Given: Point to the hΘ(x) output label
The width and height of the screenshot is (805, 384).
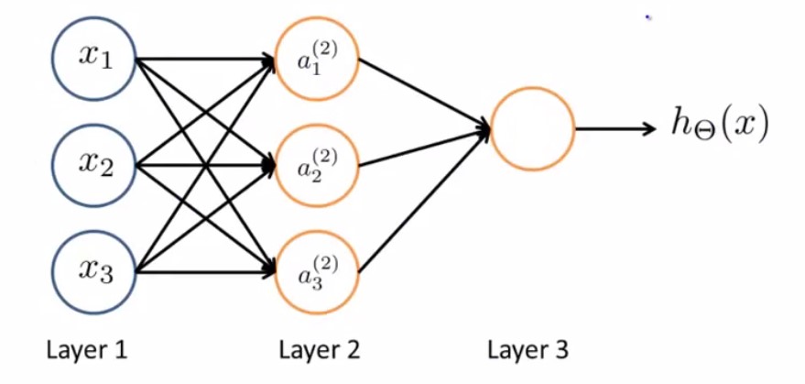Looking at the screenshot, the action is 721,126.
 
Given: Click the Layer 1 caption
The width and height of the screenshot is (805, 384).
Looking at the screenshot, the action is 86,351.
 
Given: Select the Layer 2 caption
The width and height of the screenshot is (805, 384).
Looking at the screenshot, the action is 320,351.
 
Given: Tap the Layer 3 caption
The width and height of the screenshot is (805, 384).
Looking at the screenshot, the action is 528,351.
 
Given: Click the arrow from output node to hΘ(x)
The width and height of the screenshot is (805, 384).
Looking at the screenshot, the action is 615,128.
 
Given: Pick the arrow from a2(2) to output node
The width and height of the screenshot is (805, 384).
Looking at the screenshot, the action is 425,148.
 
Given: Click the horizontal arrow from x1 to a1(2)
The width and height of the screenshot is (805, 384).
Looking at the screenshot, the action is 206,58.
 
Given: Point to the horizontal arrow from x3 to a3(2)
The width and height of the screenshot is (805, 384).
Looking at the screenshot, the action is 206,272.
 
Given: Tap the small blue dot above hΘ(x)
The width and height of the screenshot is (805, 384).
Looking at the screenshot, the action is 648,17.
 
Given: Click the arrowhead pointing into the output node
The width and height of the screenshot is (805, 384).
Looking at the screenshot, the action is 484,128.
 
